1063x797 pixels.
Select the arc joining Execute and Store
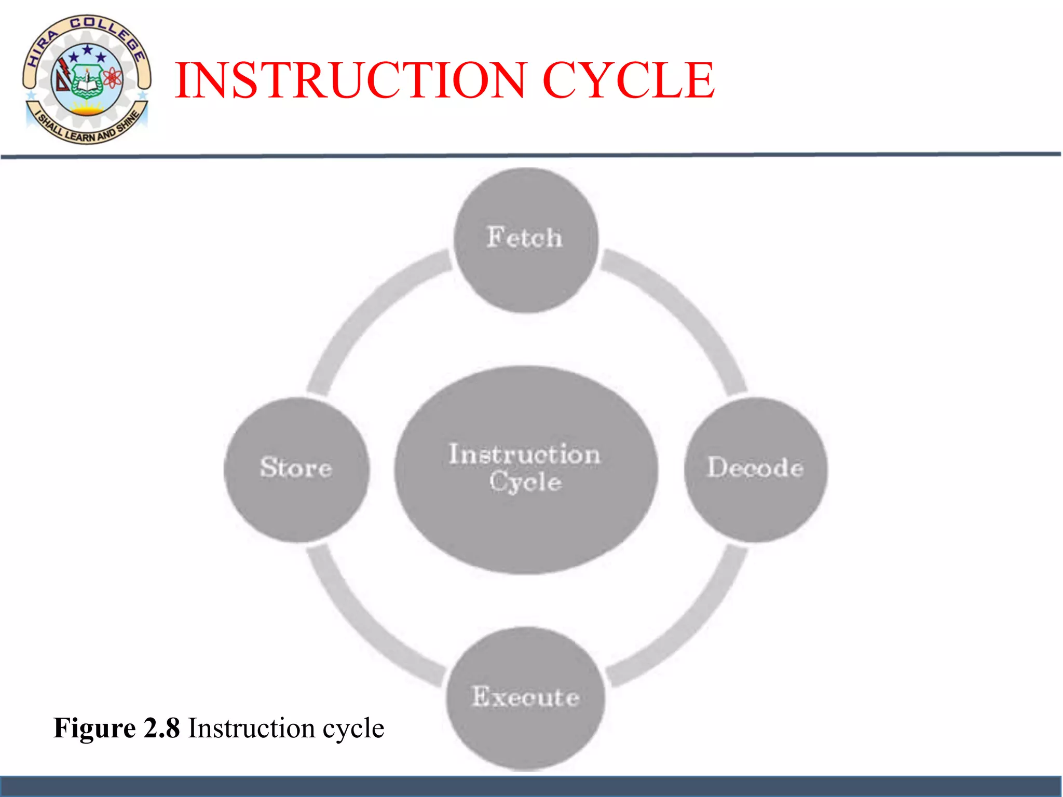[363, 628]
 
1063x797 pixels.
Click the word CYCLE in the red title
[628, 80]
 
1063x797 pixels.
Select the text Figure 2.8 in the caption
[117, 727]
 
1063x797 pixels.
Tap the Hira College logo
[87, 79]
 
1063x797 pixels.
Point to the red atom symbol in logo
[113, 78]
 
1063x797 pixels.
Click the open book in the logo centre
[86, 83]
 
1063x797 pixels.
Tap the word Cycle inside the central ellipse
[525, 482]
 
